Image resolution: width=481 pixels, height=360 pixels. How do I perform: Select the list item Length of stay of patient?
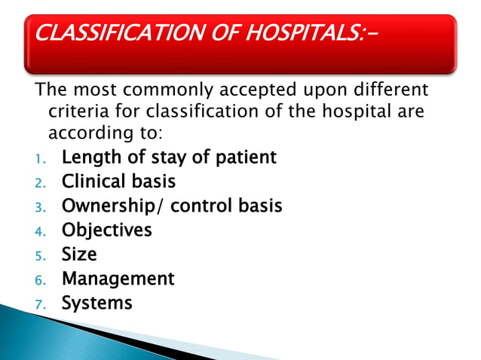point(169,157)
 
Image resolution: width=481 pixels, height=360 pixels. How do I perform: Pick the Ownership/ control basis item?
point(172,206)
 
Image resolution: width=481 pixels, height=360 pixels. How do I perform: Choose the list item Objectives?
point(106,230)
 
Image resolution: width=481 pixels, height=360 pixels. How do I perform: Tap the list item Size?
point(79,255)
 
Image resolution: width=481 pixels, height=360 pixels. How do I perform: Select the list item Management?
point(118,279)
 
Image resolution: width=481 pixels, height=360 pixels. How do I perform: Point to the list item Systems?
point(97,303)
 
